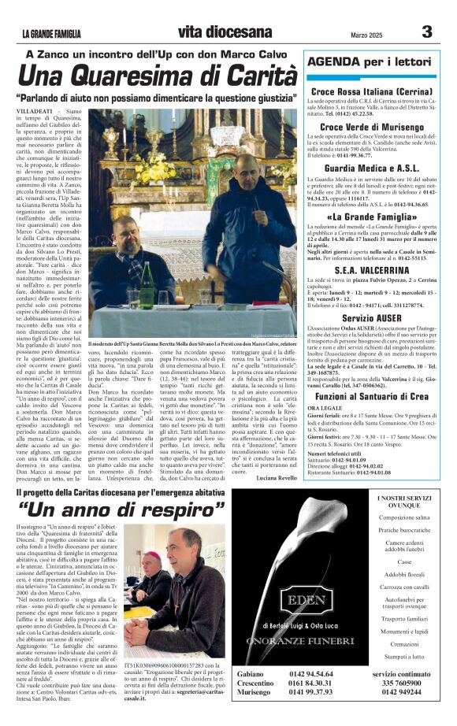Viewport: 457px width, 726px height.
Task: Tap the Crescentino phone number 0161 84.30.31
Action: tap(311, 706)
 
